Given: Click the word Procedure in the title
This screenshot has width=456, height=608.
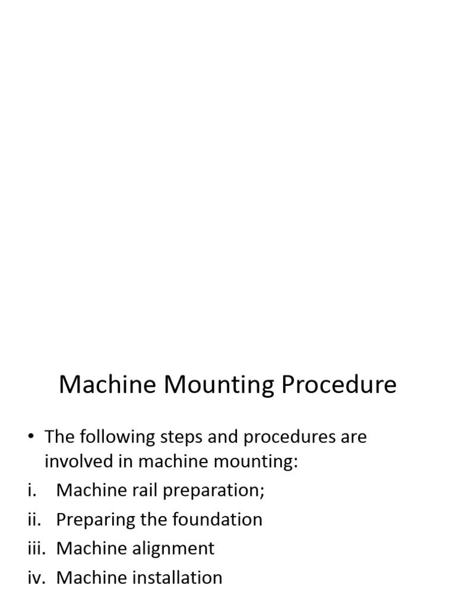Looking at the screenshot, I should (x=339, y=385).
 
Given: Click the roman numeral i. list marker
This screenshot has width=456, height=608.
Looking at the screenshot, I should (x=32, y=490).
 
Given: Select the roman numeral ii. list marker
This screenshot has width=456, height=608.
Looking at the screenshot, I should (x=34, y=520).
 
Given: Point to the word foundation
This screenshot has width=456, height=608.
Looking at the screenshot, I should (x=217, y=520).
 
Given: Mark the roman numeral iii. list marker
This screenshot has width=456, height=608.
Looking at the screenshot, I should (x=36, y=548).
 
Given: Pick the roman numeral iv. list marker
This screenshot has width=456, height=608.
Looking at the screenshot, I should (x=36, y=577).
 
